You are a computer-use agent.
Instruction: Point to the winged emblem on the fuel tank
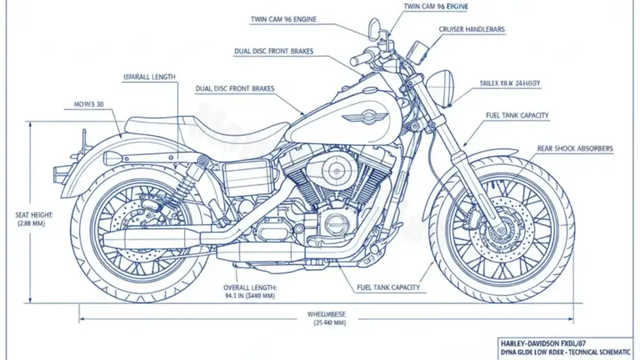point(362,117)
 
